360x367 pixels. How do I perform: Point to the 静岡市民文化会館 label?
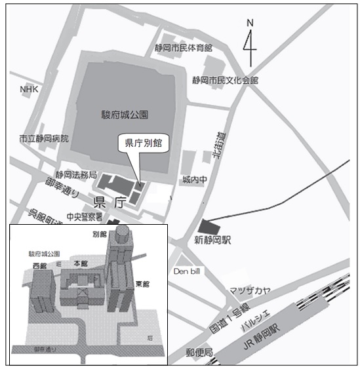(225, 80)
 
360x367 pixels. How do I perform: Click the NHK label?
(30, 89)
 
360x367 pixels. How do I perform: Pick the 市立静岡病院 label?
(43, 139)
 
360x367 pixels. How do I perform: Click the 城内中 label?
(195, 180)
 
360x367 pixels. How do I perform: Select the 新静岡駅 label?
(214, 241)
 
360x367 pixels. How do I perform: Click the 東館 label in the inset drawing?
(142, 284)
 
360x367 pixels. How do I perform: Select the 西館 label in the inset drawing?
(39, 266)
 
